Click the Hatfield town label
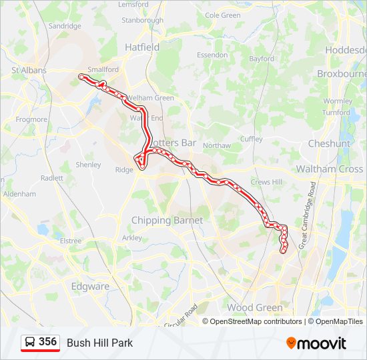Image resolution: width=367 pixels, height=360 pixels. [142, 47]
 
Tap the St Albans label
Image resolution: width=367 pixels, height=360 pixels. [29, 70]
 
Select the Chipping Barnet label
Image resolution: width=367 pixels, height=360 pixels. [167, 221]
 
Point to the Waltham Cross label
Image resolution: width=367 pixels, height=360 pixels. [330, 169]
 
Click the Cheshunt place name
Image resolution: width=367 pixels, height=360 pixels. [329, 143]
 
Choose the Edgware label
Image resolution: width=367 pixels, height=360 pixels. [89, 287]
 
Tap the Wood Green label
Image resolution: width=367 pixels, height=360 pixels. [254, 307]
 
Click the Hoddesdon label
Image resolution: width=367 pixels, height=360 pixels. [345, 50]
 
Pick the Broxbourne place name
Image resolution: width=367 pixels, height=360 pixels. [341, 73]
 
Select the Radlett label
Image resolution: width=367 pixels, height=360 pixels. [51, 178]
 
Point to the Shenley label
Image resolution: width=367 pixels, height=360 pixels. [88, 165]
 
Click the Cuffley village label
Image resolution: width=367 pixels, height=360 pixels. [252, 139]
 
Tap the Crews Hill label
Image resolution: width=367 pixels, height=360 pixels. [266, 181]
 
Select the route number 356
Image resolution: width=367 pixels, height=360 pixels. [47, 342]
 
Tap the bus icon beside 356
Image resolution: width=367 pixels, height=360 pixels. [30, 343]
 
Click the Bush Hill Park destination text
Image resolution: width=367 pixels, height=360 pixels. [99, 343]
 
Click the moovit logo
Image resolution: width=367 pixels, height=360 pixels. [316, 343]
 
